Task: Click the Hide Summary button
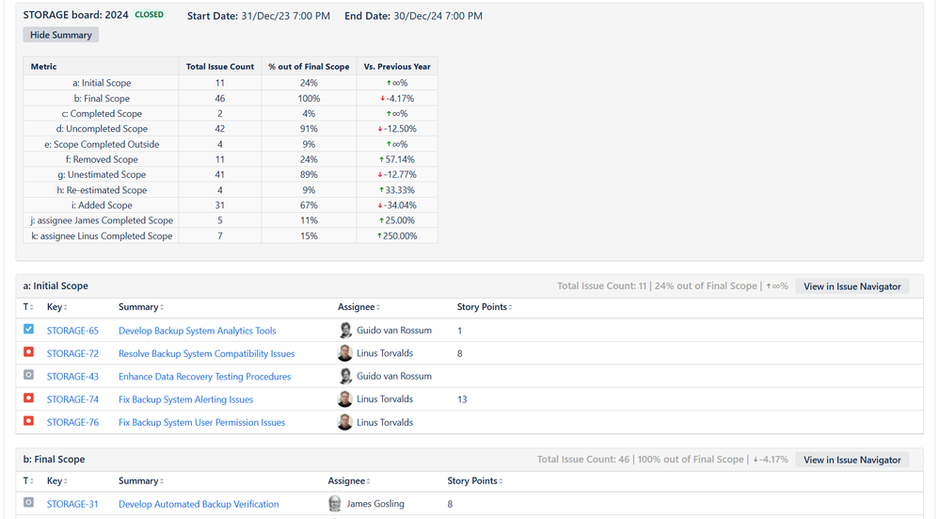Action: coord(61,35)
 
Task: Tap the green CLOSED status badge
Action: coord(149,15)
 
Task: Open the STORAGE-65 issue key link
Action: coord(72,331)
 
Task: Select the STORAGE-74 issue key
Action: coord(72,399)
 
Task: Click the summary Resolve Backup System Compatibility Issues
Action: coord(206,354)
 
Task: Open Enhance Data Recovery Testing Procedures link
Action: coord(204,377)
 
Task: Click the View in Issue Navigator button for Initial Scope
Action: coord(852,286)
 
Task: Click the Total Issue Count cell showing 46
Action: coord(220,98)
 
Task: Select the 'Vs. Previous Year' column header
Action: coord(397,67)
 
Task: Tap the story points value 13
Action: coord(462,399)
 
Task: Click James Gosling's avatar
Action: coord(335,504)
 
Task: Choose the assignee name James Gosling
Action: coord(375,504)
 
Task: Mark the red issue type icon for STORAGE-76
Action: coord(29,422)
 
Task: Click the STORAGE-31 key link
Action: coord(72,504)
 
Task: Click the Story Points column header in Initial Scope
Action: coord(483,307)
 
